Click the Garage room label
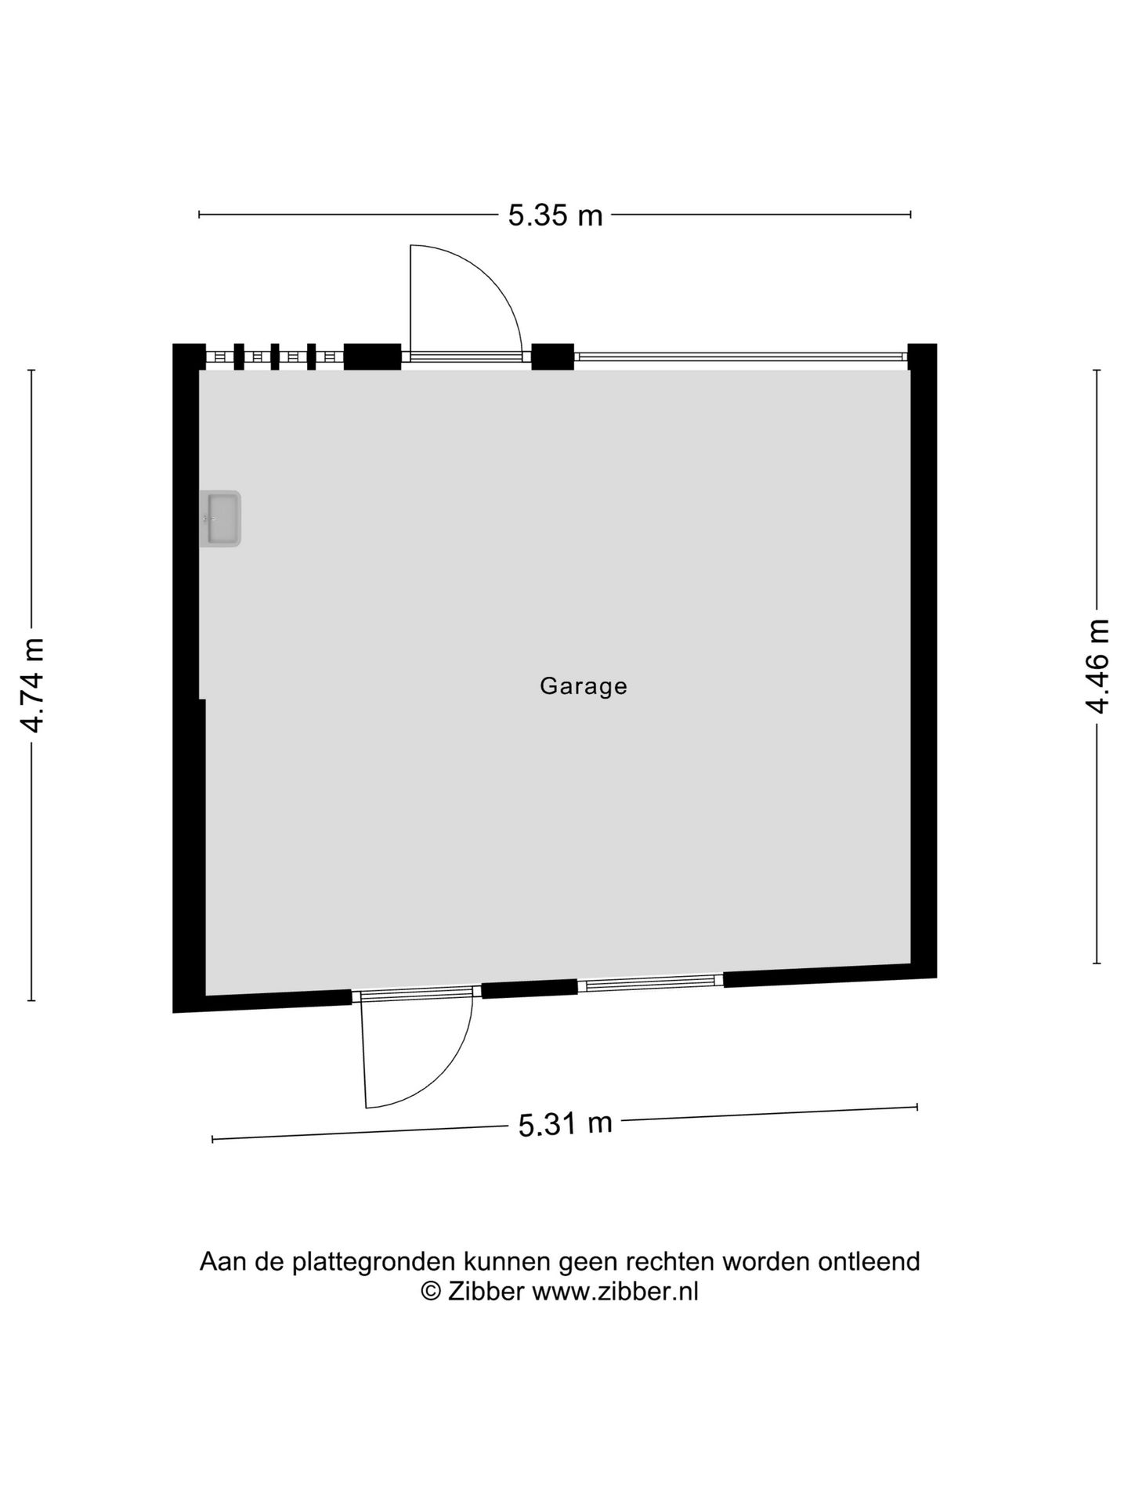click(584, 686)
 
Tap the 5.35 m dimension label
click(555, 215)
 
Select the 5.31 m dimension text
click(565, 1124)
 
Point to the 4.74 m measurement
click(33, 685)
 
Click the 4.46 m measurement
click(1097, 666)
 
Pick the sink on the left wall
click(220, 519)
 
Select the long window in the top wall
click(740, 356)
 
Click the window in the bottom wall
click(650, 982)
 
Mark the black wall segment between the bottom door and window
click(529, 989)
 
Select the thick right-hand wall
click(923, 660)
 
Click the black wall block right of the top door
click(552, 356)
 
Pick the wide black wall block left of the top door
click(372, 356)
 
